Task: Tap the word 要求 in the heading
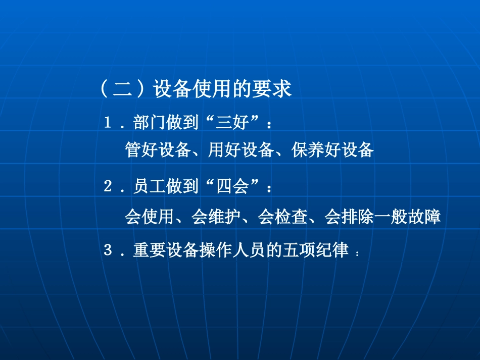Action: [276, 90]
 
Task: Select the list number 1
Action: [107, 123]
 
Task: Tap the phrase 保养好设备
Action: [332, 150]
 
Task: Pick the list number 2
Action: [107, 187]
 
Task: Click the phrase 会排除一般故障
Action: [382, 217]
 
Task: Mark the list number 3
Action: [107, 250]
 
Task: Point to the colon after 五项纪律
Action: [358, 253]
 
